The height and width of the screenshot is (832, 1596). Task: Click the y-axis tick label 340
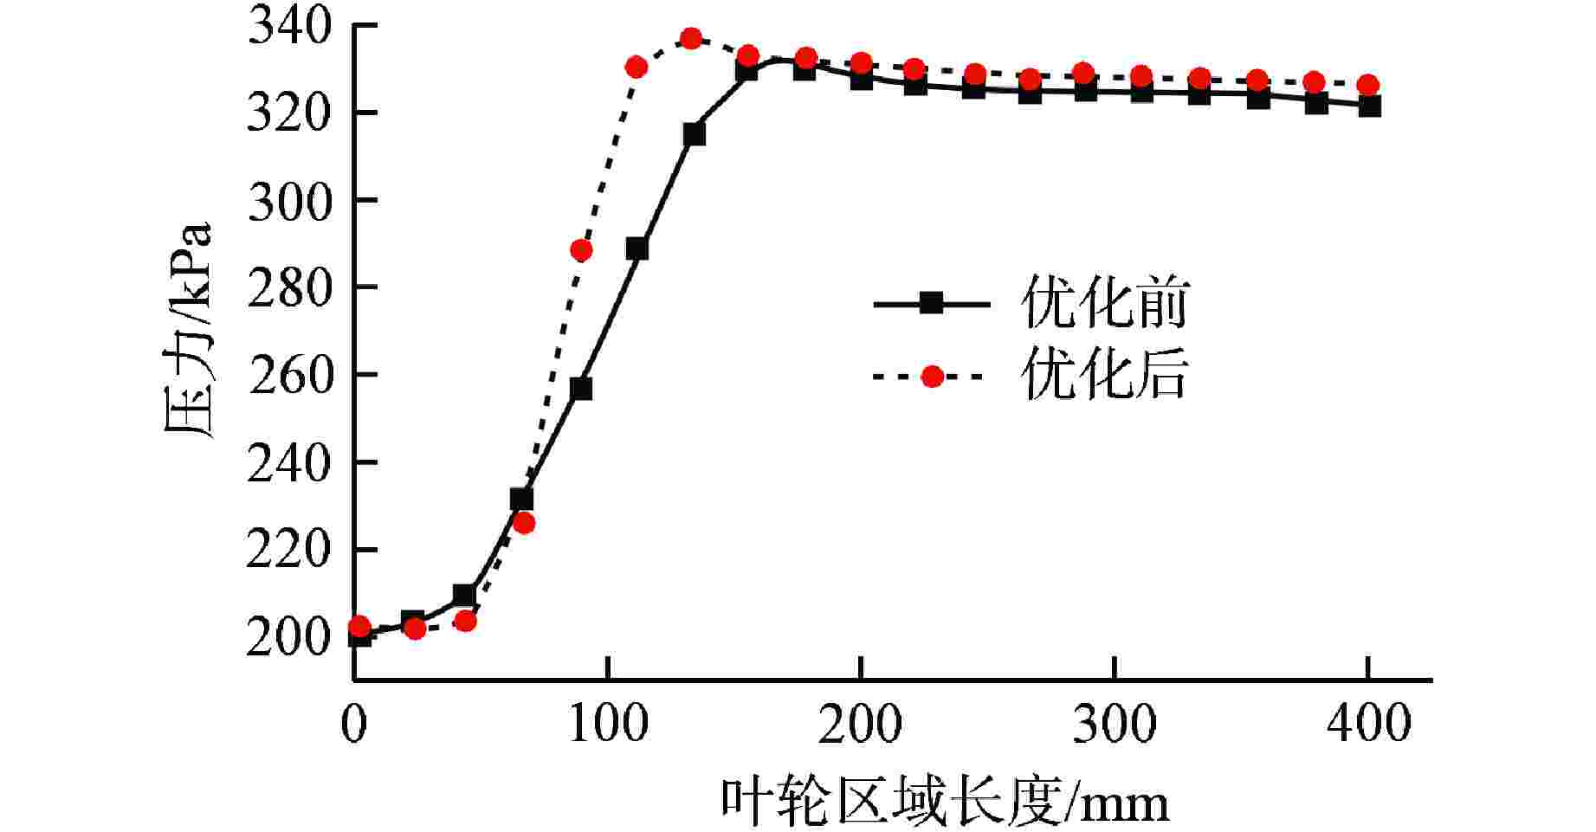(x=289, y=27)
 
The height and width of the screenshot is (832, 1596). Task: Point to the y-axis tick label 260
(x=289, y=377)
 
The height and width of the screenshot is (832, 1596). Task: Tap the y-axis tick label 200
(x=289, y=639)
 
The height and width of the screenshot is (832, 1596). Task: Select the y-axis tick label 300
(x=289, y=202)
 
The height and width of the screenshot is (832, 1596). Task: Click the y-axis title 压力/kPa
(x=188, y=332)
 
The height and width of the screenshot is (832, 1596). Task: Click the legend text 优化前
(x=1105, y=304)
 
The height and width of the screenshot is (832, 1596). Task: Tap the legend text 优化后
(x=1105, y=377)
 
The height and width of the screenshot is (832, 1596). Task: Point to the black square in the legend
(x=931, y=303)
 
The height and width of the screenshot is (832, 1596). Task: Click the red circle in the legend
(x=932, y=377)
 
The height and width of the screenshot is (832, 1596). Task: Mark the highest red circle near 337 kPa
(x=691, y=39)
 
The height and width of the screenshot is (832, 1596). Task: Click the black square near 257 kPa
(x=581, y=389)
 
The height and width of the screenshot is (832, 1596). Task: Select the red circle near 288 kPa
(x=581, y=251)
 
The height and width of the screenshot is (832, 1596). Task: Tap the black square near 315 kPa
(x=694, y=135)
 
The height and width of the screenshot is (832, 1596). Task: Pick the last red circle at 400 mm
(x=1367, y=85)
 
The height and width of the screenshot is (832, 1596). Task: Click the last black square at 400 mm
(x=1369, y=106)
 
